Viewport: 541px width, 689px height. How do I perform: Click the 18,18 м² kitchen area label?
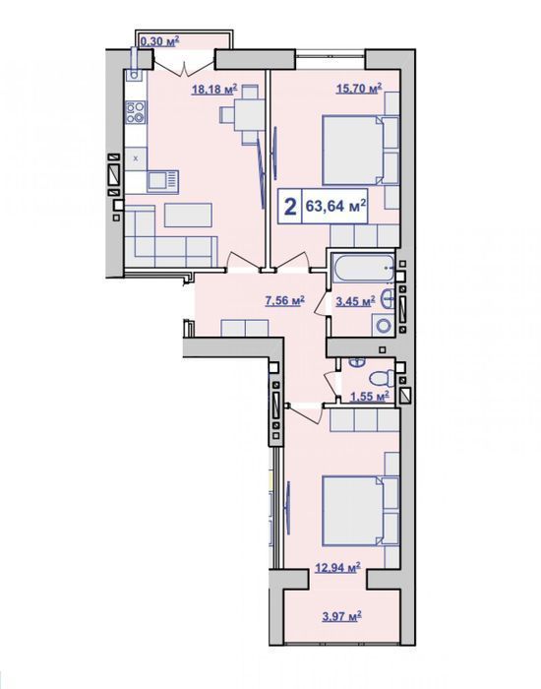click(214, 90)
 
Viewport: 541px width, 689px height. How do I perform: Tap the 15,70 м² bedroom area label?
click(359, 89)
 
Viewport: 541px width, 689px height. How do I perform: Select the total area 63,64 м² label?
click(336, 205)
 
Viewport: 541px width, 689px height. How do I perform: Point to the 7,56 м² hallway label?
click(285, 300)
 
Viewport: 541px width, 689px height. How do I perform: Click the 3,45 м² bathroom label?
click(355, 301)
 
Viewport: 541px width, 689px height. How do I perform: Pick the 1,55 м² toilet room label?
click(369, 397)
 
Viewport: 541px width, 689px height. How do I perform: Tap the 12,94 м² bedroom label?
click(338, 568)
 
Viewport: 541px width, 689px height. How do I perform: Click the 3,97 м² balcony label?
click(342, 616)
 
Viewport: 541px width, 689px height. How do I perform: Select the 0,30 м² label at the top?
click(159, 41)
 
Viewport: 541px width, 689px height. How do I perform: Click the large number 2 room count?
click(290, 206)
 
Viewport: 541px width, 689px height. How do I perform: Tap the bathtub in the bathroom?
click(363, 268)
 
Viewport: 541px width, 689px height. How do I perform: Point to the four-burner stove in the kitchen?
click(136, 111)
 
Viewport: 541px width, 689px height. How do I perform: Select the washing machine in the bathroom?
click(384, 326)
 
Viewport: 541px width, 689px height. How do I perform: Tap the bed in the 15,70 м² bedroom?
click(360, 150)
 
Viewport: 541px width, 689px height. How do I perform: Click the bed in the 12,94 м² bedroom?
click(360, 510)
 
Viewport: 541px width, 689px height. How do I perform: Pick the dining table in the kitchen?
click(250, 115)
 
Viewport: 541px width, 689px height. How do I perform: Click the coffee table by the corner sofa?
click(189, 215)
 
